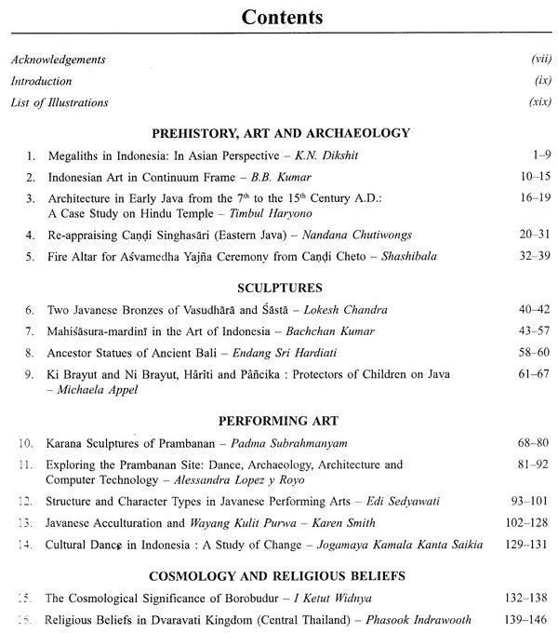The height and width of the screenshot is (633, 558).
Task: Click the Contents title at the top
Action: [283, 18]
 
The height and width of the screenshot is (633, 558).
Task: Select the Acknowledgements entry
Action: [58, 61]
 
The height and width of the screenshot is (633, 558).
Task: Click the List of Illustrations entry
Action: [60, 102]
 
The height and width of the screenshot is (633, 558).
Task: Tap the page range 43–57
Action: [533, 331]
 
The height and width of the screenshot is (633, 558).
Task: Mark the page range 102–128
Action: [527, 523]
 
